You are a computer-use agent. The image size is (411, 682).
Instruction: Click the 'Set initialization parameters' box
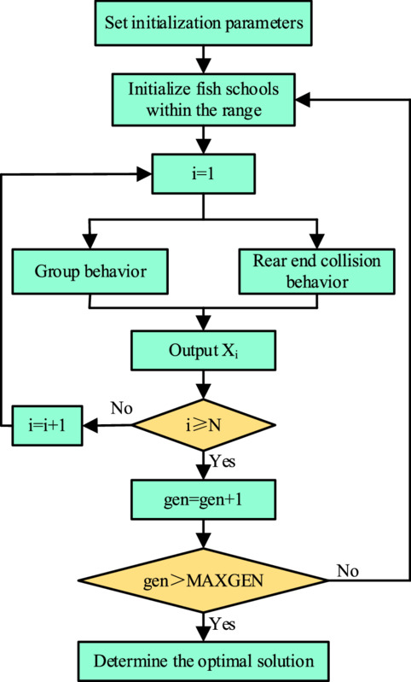(x=203, y=22)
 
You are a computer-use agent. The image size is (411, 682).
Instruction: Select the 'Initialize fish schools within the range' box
(x=203, y=100)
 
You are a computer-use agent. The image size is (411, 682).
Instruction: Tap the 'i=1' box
(x=203, y=174)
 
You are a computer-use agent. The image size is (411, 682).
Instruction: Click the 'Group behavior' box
(x=90, y=271)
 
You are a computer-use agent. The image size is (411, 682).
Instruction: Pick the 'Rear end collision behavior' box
(x=316, y=271)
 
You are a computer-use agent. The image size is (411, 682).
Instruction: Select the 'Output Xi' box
(x=203, y=351)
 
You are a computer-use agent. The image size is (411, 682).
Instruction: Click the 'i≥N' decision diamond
(x=203, y=425)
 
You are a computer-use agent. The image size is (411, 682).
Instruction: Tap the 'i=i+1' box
(x=47, y=425)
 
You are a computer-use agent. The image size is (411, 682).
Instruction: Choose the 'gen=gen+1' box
(x=203, y=499)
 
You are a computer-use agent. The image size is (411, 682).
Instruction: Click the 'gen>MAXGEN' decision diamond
(x=203, y=580)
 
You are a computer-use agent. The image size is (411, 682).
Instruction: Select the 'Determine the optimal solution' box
(x=203, y=662)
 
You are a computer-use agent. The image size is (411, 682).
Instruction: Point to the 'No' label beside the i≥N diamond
(x=122, y=408)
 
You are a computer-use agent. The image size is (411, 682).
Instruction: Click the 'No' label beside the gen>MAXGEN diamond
(x=348, y=571)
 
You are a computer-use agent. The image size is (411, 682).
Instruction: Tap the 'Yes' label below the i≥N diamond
(x=223, y=461)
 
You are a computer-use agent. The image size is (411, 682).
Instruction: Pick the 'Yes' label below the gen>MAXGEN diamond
(x=223, y=625)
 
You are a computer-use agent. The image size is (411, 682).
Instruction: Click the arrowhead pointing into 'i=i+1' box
(x=90, y=425)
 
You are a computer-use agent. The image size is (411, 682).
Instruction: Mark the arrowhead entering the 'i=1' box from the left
(x=144, y=174)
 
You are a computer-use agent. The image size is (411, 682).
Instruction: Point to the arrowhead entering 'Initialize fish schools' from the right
(x=304, y=100)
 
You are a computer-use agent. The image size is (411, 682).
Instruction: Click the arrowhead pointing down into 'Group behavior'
(x=90, y=242)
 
